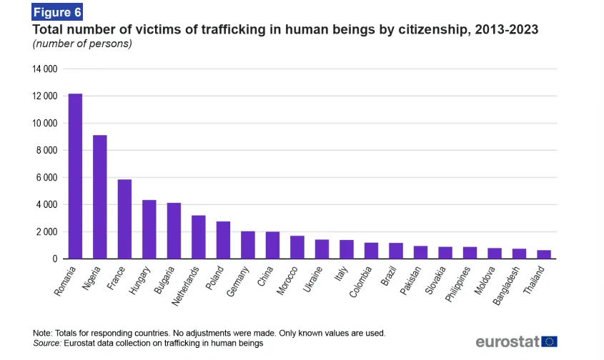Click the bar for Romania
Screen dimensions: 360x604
tap(75, 176)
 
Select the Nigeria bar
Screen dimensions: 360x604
tap(100, 197)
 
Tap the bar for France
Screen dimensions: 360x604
tap(124, 219)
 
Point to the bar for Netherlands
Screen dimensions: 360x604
tap(199, 237)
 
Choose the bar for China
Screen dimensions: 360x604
tap(272, 245)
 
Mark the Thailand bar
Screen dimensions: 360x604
tap(544, 254)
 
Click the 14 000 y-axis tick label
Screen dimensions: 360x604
tap(44, 69)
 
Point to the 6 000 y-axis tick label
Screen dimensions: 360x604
tap(46, 178)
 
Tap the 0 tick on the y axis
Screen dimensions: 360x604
tap(54, 259)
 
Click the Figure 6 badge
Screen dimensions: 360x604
tap(58, 12)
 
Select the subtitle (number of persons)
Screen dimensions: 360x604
tap(82, 44)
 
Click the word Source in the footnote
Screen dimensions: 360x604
tap(46, 343)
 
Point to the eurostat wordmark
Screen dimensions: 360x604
tap(507, 341)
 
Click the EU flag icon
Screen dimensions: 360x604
tap(550, 341)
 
